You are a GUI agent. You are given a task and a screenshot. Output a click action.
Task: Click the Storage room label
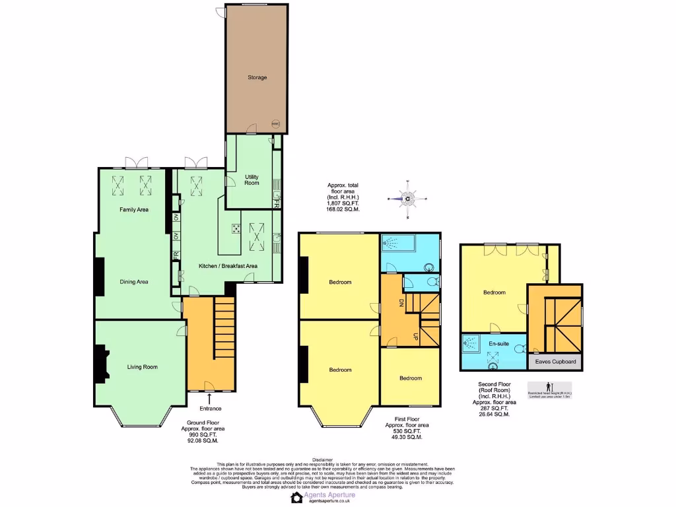pyautogui.click(x=257, y=78)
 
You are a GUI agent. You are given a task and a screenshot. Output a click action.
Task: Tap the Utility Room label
pyautogui.click(x=252, y=180)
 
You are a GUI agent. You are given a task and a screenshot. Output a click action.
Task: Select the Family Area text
pyautogui.click(x=134, y=210)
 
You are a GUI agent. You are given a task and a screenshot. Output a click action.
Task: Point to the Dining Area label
pyautogui.click(x=134, y=282)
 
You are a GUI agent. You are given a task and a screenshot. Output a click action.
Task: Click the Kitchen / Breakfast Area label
pyautogui.click(x=228, y=266)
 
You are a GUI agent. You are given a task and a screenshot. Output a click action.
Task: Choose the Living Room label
pyautogui.click(x=142, y=367)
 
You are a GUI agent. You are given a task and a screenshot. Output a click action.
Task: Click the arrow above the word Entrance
pyautogui.click(x=210, y=397)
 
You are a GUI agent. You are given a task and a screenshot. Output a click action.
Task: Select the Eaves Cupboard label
pyautogui.click(x=555, y=362)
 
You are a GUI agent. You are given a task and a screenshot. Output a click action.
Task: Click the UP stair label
pyautogui.click(x=414, y=335)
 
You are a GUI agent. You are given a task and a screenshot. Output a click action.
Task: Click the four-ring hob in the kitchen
pyautogui.click(x=236, y=228)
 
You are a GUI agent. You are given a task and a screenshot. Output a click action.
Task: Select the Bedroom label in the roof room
pyautogui.click(x=494, y=292)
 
